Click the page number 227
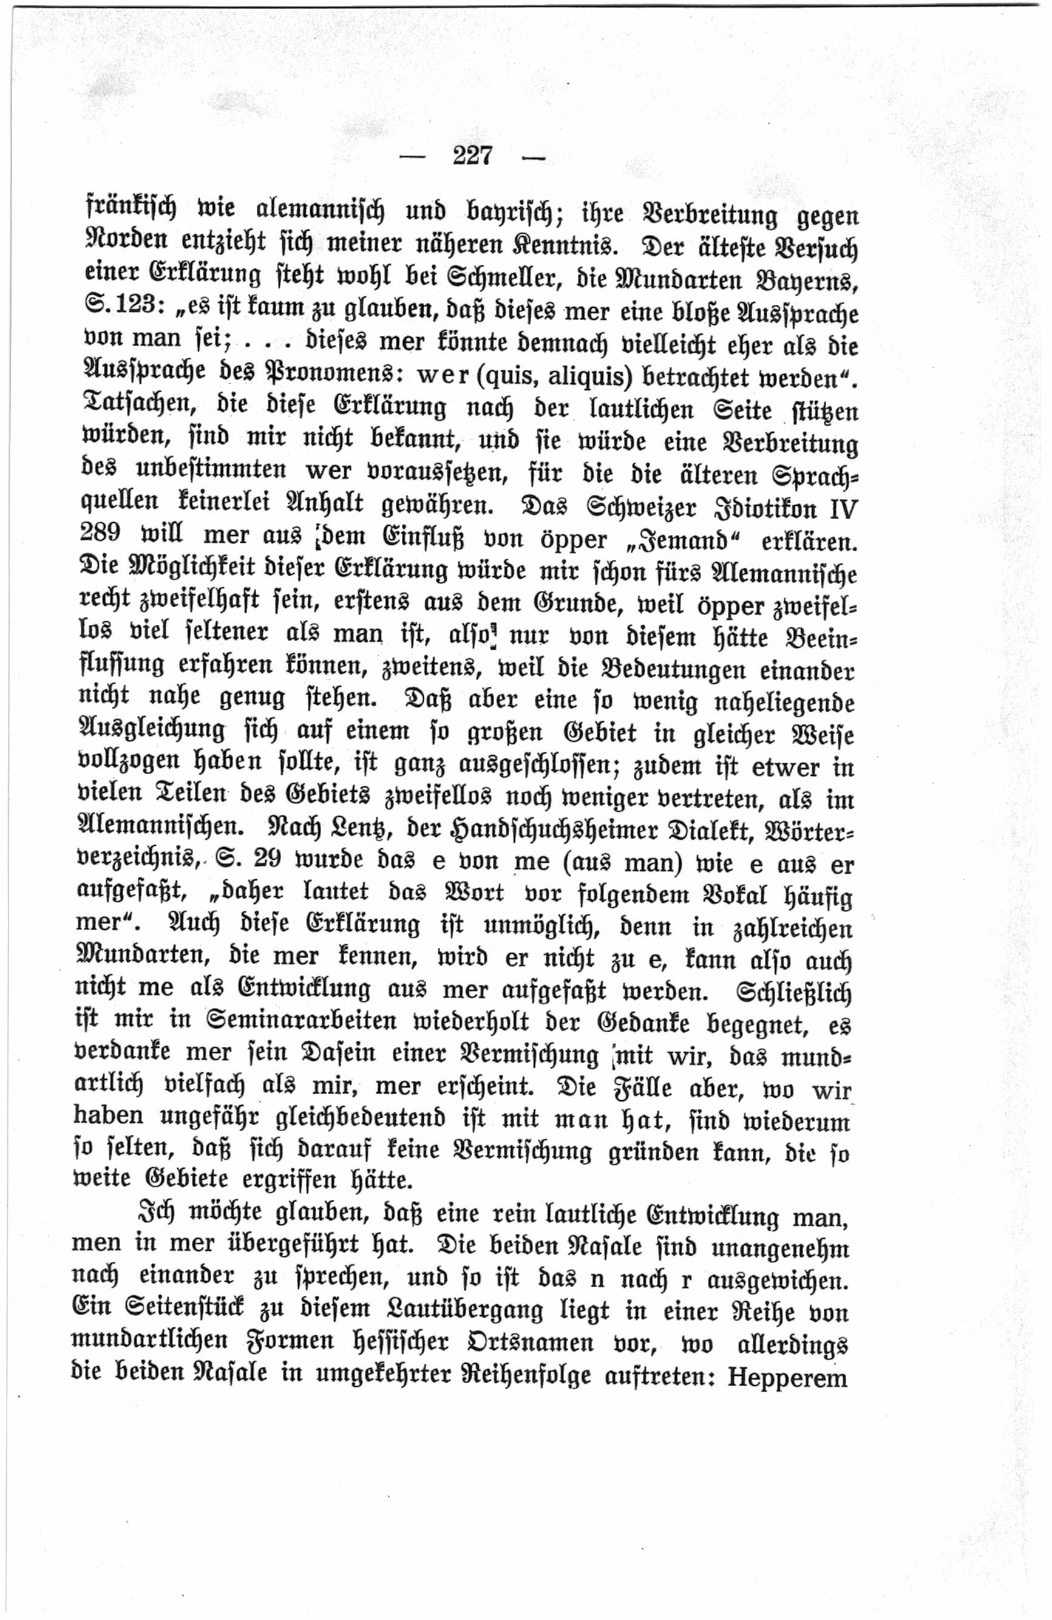coord(472,156)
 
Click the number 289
coord(100,532)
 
